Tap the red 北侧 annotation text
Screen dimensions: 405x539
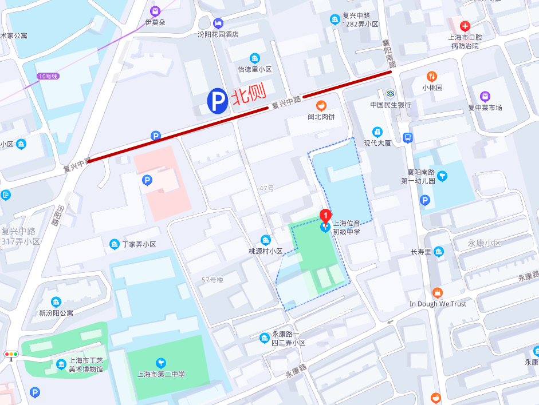click(x=249, y=98)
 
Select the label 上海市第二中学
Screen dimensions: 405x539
click(x=165, y=375)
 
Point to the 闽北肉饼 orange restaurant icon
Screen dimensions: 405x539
click(x=322, y=105)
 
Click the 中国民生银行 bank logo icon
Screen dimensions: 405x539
click(x=391, y=93)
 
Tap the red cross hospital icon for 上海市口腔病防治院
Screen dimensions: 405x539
click(x=465, y=26)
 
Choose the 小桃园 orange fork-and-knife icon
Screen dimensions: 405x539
click(x=432, y=76)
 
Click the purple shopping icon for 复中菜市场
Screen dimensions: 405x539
click(x=485, y=96)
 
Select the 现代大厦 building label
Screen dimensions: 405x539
click(x=377, y=143)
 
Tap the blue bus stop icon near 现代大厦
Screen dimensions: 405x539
click(x=408, y=137)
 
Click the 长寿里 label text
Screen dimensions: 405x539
click(x=421, y=252)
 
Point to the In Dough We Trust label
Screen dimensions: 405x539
click(x=438, y=304)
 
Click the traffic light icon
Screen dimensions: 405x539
click(x=10, y=355)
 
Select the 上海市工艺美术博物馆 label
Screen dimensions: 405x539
click(x=86, y=365)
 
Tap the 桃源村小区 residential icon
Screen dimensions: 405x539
click(x=265, y=240)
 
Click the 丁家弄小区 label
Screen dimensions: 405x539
click(x=139, y=244)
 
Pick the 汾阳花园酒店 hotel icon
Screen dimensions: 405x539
click(x=218, y=23)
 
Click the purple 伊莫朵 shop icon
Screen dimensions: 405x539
click(x=155, y=11)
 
